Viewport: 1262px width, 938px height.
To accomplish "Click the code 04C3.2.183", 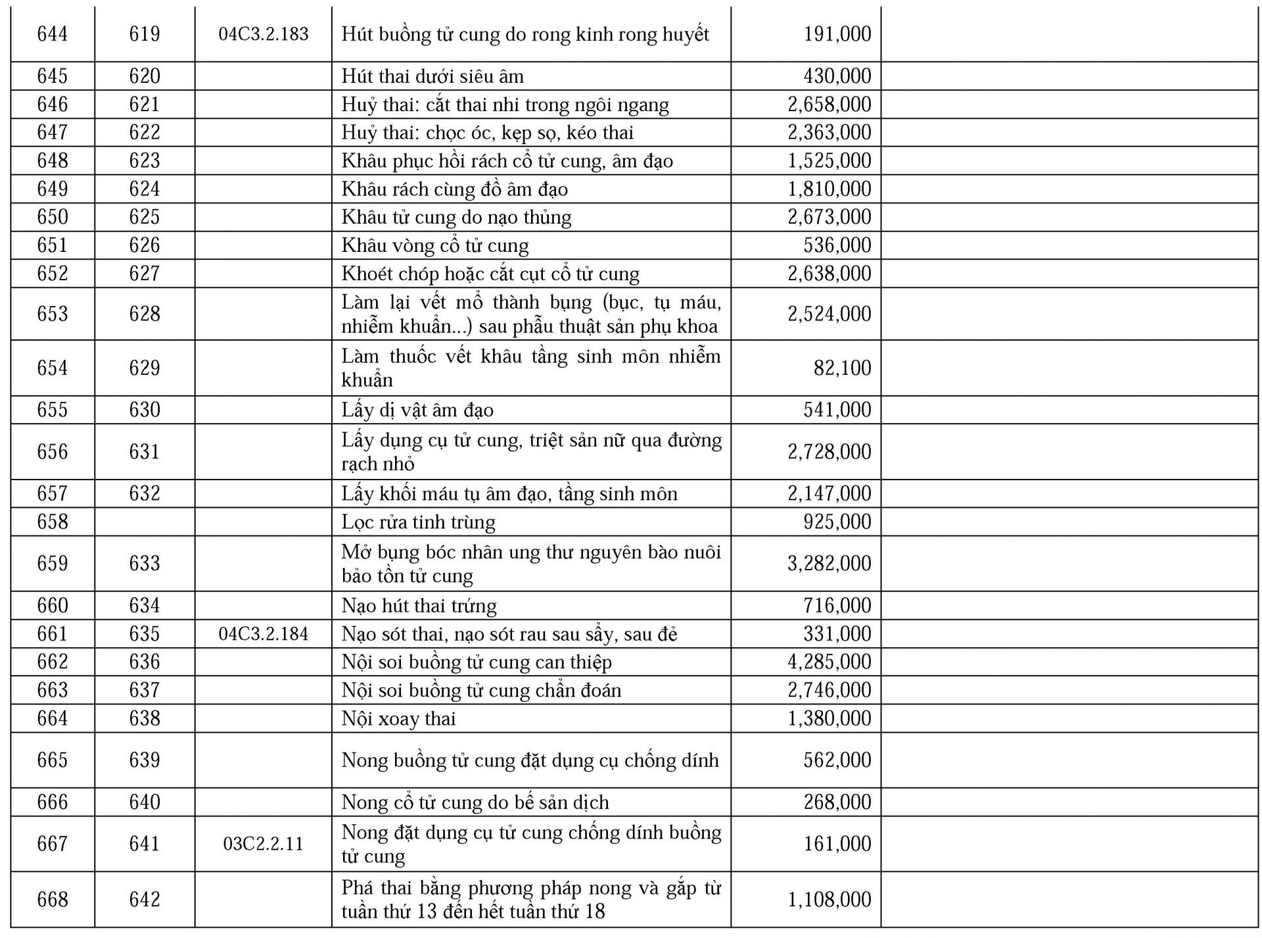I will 263,34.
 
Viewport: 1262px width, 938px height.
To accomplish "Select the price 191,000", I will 837,34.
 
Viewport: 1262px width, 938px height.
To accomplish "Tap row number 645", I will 53,76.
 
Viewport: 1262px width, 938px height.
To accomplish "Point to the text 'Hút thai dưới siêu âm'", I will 432,76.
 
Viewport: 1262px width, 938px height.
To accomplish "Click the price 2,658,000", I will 829,105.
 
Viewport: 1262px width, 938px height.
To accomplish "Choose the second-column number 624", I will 145,189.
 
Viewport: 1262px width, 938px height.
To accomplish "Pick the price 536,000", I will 837,245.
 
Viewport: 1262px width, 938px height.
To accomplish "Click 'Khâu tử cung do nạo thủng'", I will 456,217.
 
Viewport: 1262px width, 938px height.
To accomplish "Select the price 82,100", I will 842,368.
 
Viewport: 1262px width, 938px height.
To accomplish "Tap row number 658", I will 53,522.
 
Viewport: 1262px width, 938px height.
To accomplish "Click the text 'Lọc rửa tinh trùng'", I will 418,522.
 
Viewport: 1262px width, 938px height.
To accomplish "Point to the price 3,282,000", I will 829,564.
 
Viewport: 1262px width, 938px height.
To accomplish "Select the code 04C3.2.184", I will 263,634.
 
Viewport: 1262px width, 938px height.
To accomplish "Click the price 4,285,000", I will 829,662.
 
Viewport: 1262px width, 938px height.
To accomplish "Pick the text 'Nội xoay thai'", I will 398,718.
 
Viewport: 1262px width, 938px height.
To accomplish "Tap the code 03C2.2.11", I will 263,844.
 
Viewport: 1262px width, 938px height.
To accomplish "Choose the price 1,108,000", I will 829,899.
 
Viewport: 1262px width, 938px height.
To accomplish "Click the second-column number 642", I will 145,899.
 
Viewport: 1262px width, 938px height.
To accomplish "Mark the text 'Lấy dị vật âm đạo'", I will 417,410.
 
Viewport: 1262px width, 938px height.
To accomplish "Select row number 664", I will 53,718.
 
